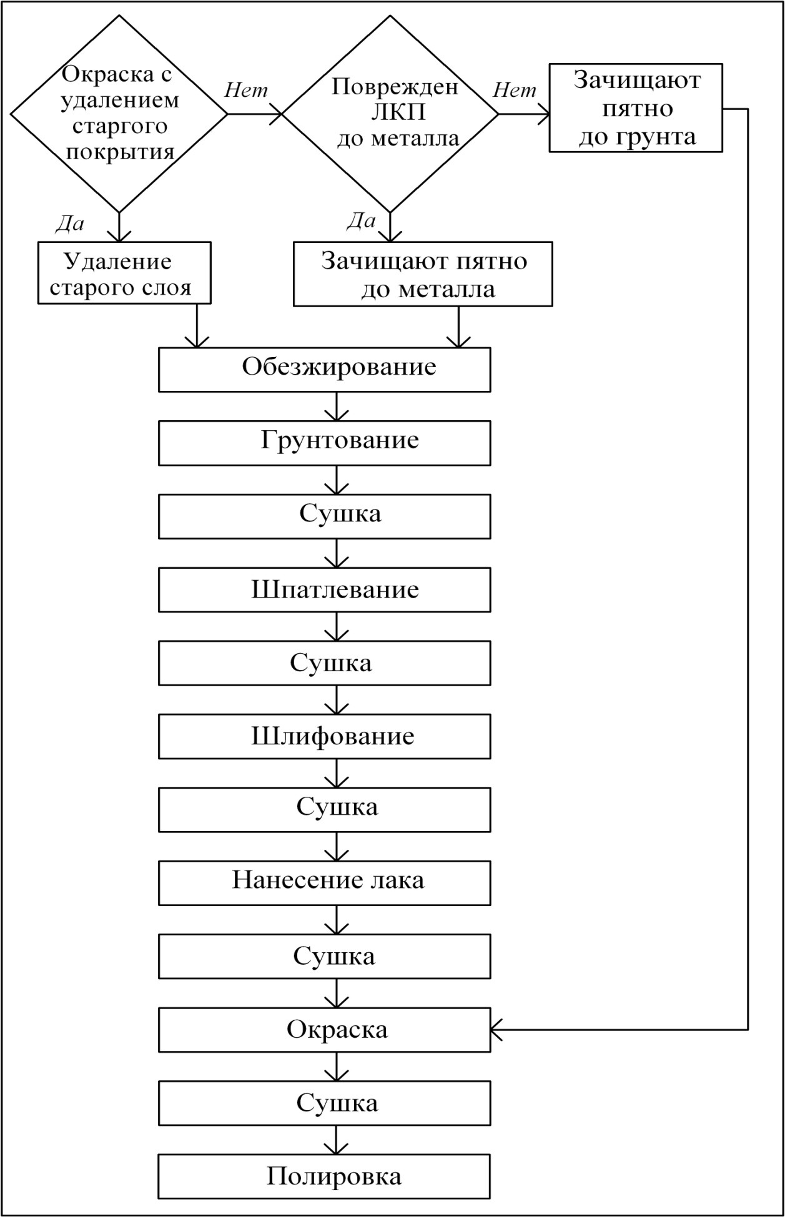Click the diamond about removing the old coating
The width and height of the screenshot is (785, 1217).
[x=119, y=114]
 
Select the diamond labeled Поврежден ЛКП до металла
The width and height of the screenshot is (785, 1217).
[x=391, y=114]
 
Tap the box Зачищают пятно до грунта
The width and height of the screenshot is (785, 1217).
[x=636, y=108]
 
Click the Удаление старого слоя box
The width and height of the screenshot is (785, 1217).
[x=124, y=273]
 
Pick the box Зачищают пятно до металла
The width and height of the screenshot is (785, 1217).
[x=423, y=274]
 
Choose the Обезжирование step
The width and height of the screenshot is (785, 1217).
[x=324, y=370]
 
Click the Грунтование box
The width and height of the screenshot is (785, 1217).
[x=324, y=443]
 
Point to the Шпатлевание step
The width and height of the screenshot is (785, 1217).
[x=324, y=589]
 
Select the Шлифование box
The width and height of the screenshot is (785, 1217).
[x=324, y=736]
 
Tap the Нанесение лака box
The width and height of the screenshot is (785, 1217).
[x=324, y=883]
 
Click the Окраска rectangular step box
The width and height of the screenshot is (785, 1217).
[x=324, y=1030]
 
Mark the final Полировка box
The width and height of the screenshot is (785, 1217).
[x=324, y=1176]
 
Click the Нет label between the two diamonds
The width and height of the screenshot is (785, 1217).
[x=246, y=91]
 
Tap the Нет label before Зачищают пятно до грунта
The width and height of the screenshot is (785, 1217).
[x=515, y=91]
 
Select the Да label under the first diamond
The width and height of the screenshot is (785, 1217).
[x=70, y=224]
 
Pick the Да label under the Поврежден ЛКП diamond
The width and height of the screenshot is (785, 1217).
[x=361, y=220]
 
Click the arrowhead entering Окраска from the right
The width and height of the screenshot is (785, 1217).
[x=497, y=1030]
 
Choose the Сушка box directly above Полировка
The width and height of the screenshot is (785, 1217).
[x=324, y=1103]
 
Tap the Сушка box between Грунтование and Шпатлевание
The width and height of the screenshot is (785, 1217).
[x=324, y=516]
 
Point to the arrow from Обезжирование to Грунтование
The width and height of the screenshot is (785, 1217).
[x=337, y=406]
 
